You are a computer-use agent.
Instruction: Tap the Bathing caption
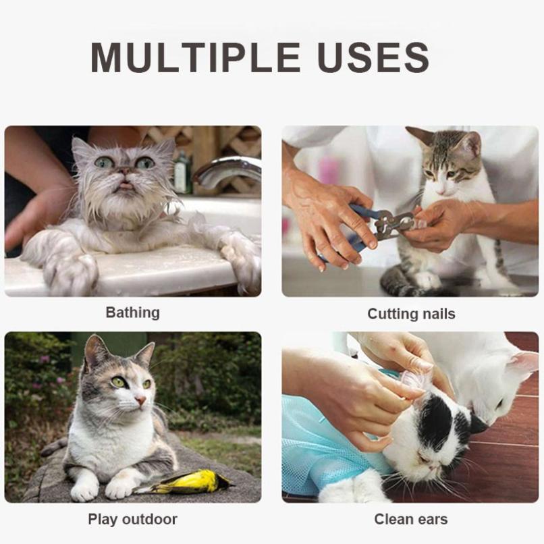click(x=132, y=312)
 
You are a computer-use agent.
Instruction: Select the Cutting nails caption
click(x=411, y=314)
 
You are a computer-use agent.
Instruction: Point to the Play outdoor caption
click(x=132, y=519)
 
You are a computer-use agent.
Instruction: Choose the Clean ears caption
click(x=411, y=519)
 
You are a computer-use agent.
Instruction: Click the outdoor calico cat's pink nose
click(x=140, y=401)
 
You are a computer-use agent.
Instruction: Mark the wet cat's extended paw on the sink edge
click(x=67, y=270)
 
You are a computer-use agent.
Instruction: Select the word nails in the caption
click(x=435, y=314)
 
